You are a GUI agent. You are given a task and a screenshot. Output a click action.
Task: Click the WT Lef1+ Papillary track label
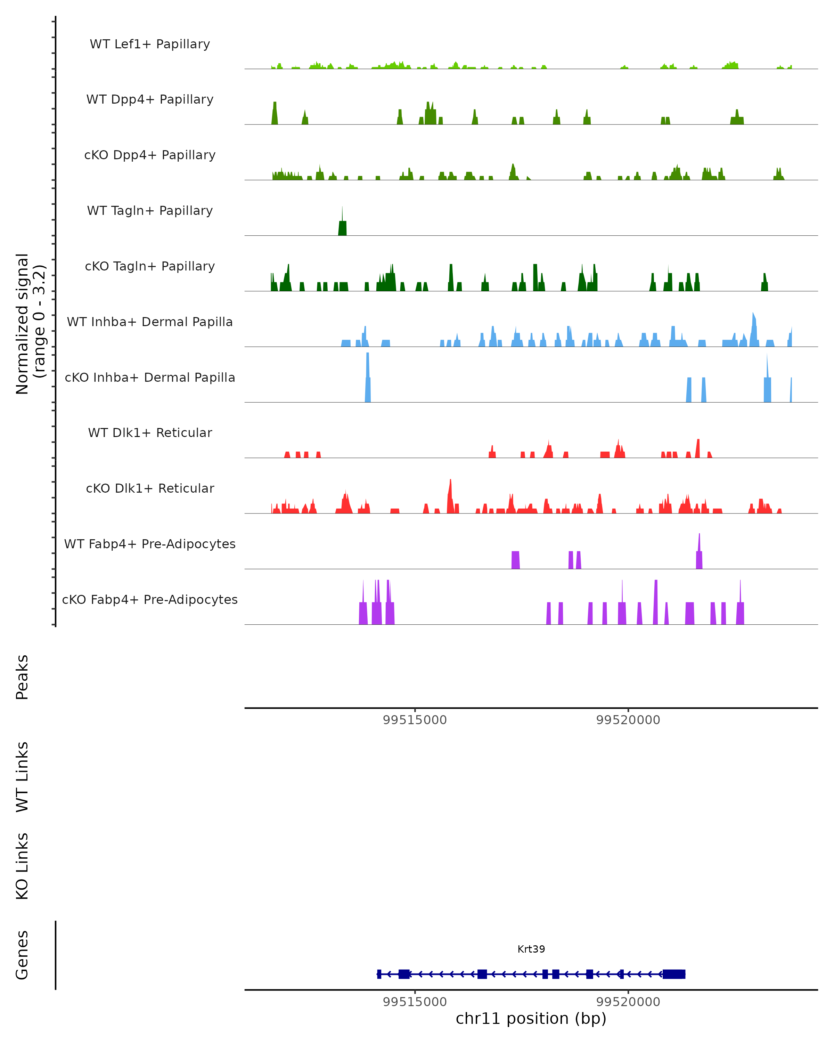tap(150, 44)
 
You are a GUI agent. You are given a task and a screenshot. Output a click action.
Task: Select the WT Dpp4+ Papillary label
tap(150, 100)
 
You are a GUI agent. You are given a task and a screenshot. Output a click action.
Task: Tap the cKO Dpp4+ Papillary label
tap(150, 155)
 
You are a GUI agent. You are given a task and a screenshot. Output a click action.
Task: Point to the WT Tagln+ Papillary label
tap(150, 211)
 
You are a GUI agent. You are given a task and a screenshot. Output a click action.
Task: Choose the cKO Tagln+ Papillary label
tap(150, 267)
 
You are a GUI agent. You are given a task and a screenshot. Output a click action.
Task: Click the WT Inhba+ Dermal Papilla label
tap(150, 322)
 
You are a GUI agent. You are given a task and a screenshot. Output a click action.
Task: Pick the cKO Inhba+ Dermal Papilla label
tap(150, 378)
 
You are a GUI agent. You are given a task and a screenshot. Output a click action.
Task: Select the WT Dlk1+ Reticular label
tap(150, 433)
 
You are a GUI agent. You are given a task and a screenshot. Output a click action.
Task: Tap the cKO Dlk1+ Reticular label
tap(150, 488)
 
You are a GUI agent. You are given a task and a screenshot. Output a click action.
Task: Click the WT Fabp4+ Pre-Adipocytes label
tap(150, 544)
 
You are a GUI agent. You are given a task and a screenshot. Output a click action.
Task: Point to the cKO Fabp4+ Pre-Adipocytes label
tap(150, 600)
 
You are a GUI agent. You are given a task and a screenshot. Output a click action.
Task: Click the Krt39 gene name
tap(531, 949)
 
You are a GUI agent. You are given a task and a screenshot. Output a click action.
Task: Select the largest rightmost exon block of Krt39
tap(673, 974)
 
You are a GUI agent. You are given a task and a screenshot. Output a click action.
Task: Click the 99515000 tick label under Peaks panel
tap(415, 720)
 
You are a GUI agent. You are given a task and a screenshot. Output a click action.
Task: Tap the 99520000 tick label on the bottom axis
tap(628, 1002)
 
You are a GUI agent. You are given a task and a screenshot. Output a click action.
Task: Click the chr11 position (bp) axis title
tap(531, 1019)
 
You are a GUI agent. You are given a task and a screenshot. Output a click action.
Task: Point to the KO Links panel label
tap(22, 866)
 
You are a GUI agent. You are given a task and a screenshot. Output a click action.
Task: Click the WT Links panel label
tap(22, 776)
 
